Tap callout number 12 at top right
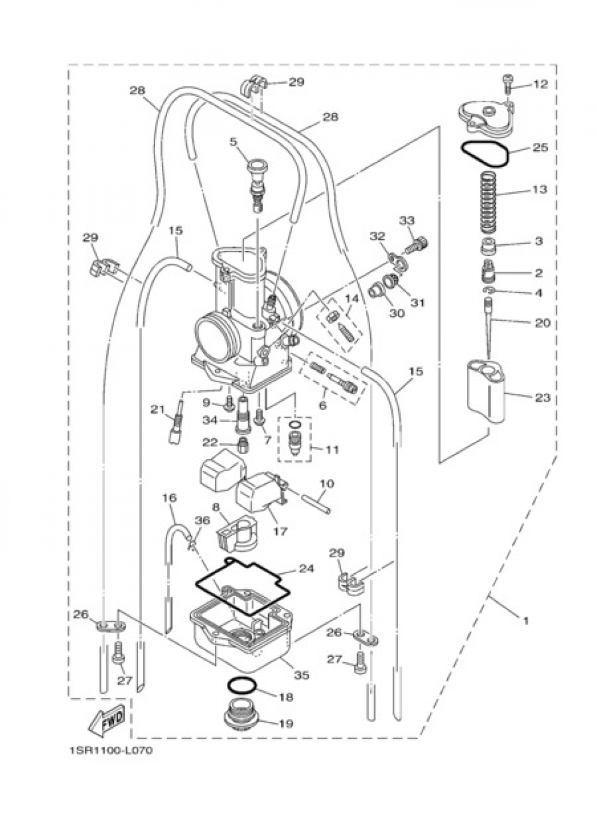tap(540, 84)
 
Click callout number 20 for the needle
tap(542, 322)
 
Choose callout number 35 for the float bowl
tap(302, 675)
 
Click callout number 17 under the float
tap(280, 530)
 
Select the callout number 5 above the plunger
tap(233, 142)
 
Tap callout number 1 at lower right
tap(525, 620)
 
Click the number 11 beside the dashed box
tap(332, 449)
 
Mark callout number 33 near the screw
tap(407, 220)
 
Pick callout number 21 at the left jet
tap(157, 409)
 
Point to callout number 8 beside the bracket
tap(216, 507)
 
